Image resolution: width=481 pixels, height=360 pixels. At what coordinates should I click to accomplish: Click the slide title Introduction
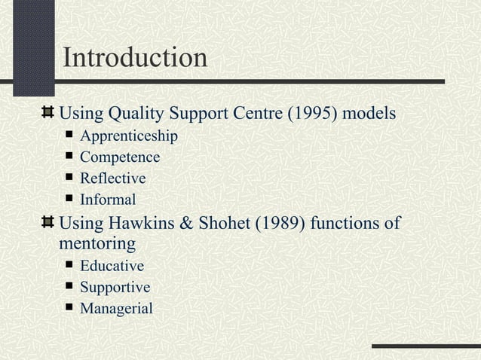pos(134,57)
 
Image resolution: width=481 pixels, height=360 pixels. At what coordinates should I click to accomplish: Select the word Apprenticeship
pos(129,137)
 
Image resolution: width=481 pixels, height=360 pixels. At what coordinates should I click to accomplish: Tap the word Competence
pos(120,158)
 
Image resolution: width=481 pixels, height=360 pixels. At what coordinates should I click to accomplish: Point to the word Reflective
pos(112,179)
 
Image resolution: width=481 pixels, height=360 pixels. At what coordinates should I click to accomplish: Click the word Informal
pos(108,200)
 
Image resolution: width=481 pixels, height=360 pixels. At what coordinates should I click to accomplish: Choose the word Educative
pos(112,266)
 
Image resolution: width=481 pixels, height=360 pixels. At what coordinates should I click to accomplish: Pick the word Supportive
pos(115,288)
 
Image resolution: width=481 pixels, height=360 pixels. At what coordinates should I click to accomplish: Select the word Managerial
pos(116,309)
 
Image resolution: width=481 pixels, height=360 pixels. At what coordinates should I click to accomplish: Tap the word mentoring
pos(97,244)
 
